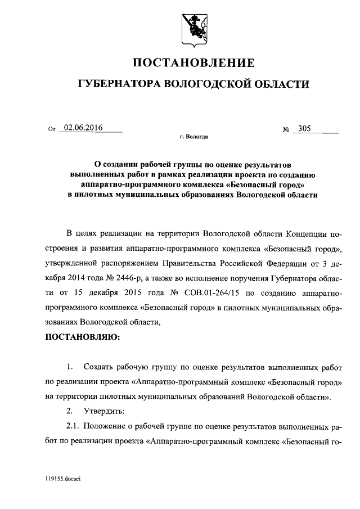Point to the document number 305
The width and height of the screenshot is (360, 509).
click(x=305, y=129)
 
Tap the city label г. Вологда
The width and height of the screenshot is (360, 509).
click(x=193, y=137)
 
